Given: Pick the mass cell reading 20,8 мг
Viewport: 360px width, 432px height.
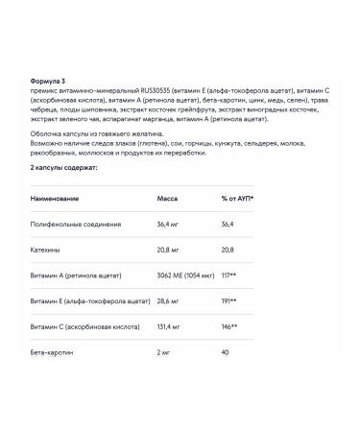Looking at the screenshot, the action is pos(169,250).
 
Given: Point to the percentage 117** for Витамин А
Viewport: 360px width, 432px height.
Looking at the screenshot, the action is pos(229,276).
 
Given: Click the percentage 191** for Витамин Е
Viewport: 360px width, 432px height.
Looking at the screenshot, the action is pos(229,301).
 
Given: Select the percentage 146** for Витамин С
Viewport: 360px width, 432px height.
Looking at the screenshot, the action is pos(229,327).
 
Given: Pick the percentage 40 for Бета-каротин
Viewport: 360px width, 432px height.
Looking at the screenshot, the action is pos(226,353).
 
